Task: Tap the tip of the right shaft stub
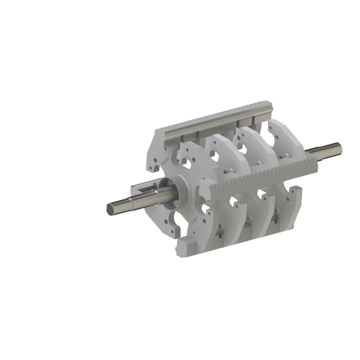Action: [x=339, y=147]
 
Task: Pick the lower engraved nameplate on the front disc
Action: [x=195, y=220]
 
